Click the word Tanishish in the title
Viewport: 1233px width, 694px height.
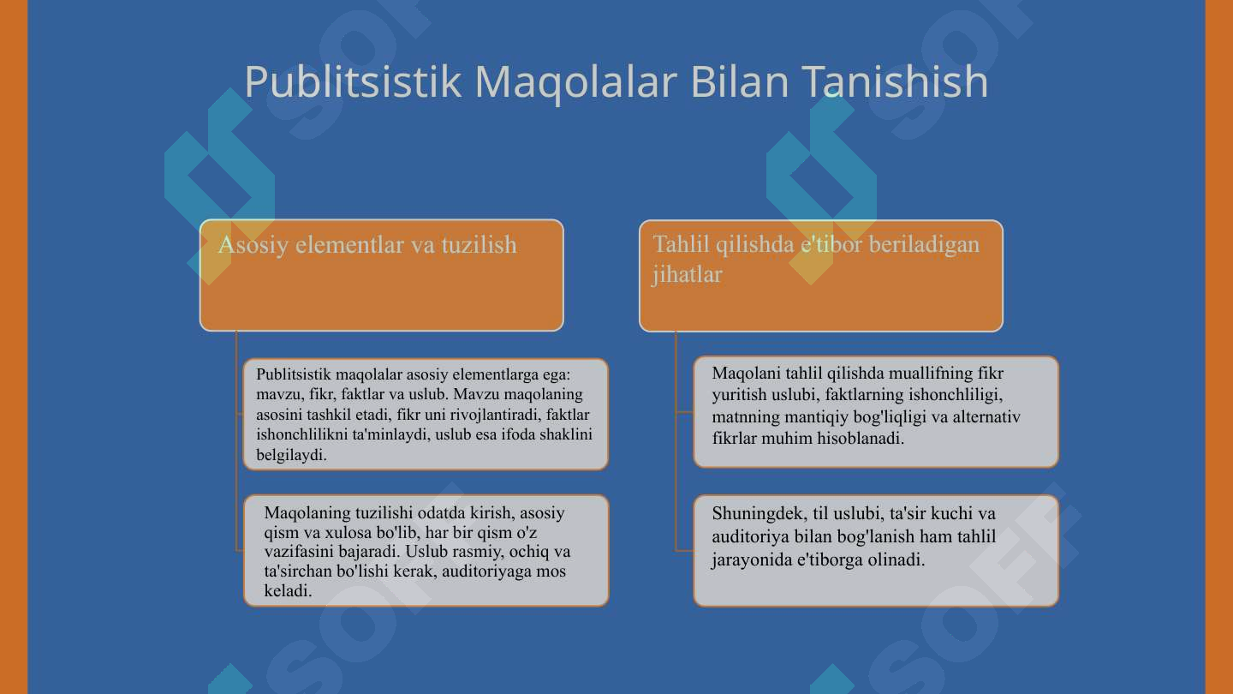(895, 81)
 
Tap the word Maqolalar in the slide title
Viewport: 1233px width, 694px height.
(575, 82)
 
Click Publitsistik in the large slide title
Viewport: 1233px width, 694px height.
(352, 81)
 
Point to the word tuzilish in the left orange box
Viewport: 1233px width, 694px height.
(479, 244)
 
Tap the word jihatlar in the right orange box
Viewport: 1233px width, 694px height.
(687, 275)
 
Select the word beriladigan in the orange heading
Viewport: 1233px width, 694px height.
(924, 244)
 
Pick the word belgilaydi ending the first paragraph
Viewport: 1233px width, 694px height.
(291, 455)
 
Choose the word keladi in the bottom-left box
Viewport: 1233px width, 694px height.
(288, 591)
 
